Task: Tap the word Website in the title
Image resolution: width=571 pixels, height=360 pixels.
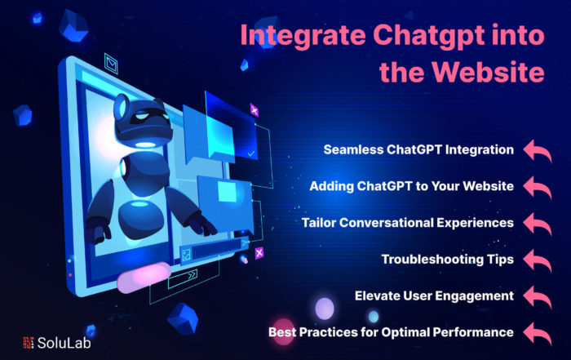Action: pos(489,72)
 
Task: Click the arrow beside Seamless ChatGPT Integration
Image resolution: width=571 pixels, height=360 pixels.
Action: pos(538,150)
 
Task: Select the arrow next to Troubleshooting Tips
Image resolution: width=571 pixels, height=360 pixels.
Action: pos(538,260)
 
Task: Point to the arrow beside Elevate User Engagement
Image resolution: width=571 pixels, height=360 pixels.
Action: pos(538,296)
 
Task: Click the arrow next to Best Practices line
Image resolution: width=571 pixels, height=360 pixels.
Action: pos(538,333)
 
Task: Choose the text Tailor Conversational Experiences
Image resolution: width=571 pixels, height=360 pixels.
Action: pos(408,223)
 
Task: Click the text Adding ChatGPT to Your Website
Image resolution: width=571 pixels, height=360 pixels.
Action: pos(412,186)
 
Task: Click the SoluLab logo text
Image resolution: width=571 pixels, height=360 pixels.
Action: pos(64,343)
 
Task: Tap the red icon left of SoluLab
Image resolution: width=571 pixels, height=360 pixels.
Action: pos(29,343)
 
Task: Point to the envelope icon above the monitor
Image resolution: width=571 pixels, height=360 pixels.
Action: pos(111,64)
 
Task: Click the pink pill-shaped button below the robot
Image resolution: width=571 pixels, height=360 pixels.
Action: pos(144,278)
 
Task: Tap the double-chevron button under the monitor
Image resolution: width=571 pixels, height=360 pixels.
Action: pos(183,278)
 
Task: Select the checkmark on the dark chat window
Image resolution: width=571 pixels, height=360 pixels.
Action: pos(251,153)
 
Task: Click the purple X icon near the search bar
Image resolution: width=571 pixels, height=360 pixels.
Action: pos(259,253)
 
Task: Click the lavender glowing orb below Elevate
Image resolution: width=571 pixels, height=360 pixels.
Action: pos(324,309)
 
